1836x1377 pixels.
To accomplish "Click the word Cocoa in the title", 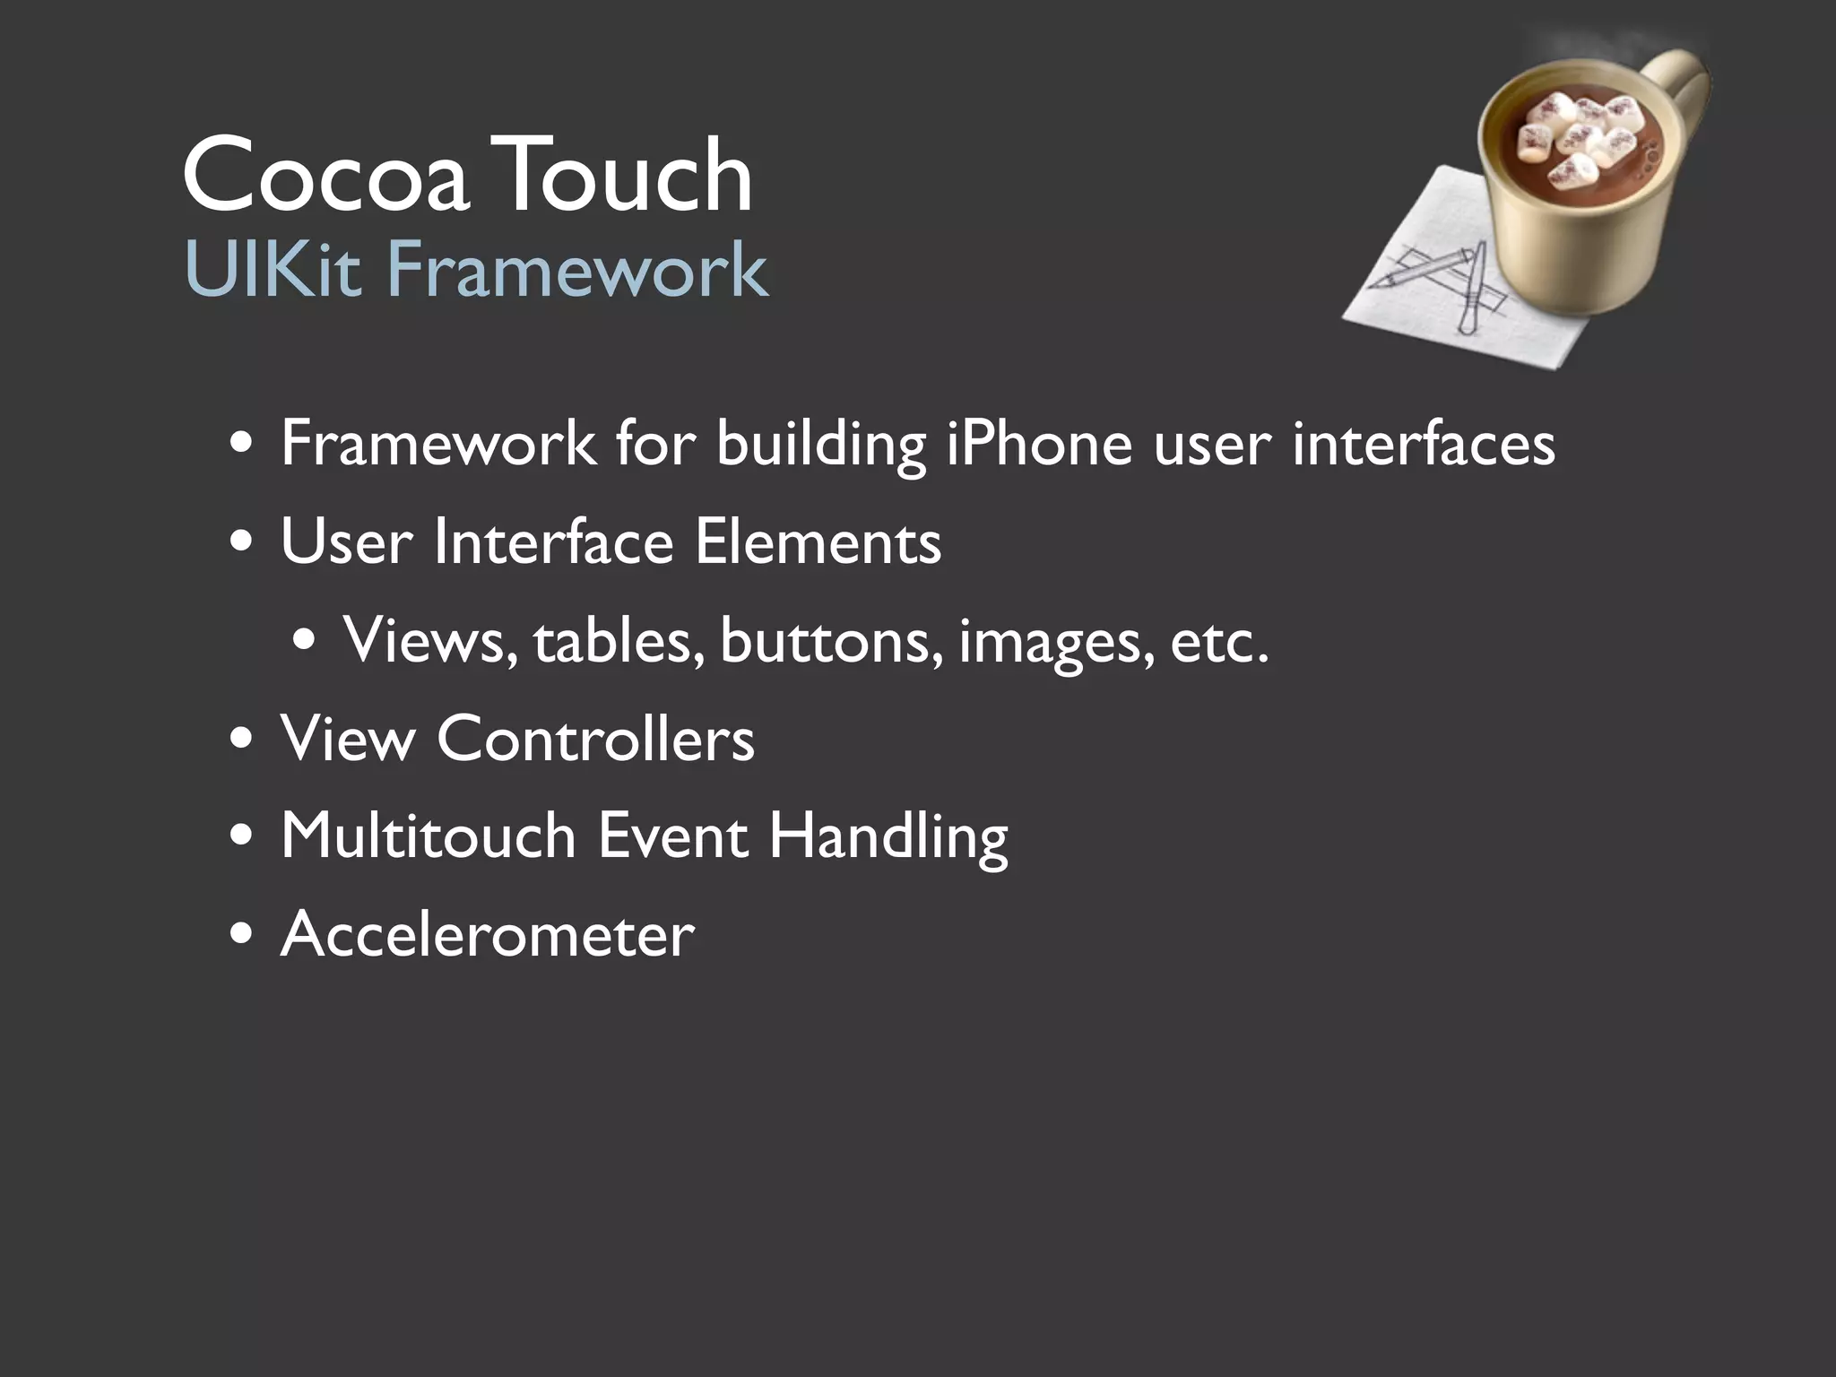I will coord(325,175).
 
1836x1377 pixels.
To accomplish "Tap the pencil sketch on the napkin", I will coord(1443,282).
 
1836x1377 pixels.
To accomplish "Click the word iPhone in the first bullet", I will coord(1040,444).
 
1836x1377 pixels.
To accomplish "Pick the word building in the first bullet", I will coord(820,446).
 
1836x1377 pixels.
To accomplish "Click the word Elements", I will coord(818,542).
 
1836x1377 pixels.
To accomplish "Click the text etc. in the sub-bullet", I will coord(1219,643).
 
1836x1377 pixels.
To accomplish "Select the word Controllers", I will coord(595,740).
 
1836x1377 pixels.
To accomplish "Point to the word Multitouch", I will coord(428,836).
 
